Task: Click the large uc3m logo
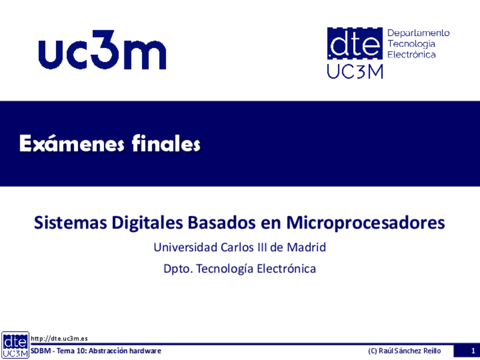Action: click(x=102, y=50)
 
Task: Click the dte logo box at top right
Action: click(x=355, y=44)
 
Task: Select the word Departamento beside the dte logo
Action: click(x=418, y=33)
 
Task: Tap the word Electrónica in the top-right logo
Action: click(x=412, y=54)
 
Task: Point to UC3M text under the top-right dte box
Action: click(x=355, y=72)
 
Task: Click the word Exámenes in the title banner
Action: click(x=72, y=143)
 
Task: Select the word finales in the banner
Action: click(x=166, y=143)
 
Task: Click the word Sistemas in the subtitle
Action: click(x=70, y=222)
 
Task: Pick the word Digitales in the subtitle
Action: click(x=147, y=224)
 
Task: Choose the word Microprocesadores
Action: click(x=366, y=224)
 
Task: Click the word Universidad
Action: click(x=186, y=247)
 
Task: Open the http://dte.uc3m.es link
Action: click(x=59, y=338)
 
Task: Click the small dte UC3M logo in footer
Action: click(x=15, y=345)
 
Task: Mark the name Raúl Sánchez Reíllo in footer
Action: click(x=410, y=351)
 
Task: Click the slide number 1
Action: click(x=473, y=351)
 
